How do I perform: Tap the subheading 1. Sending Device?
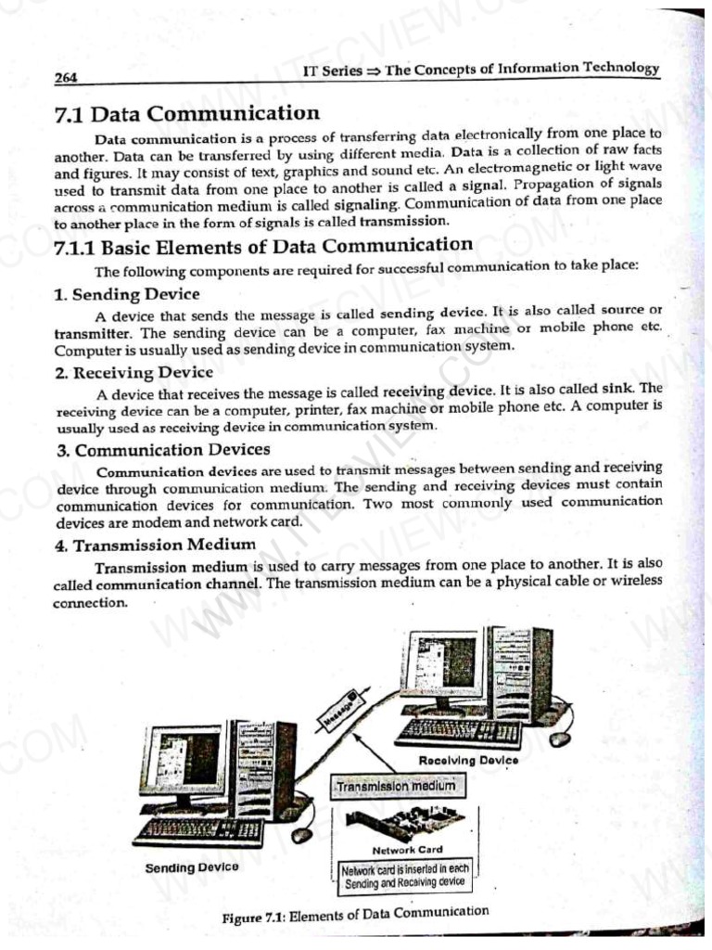(126, 294)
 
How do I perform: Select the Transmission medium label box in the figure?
(396, 787)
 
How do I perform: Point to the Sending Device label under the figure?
(192, 867)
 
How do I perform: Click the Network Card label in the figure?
(407, 849)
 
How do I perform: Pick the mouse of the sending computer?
(301, 835)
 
